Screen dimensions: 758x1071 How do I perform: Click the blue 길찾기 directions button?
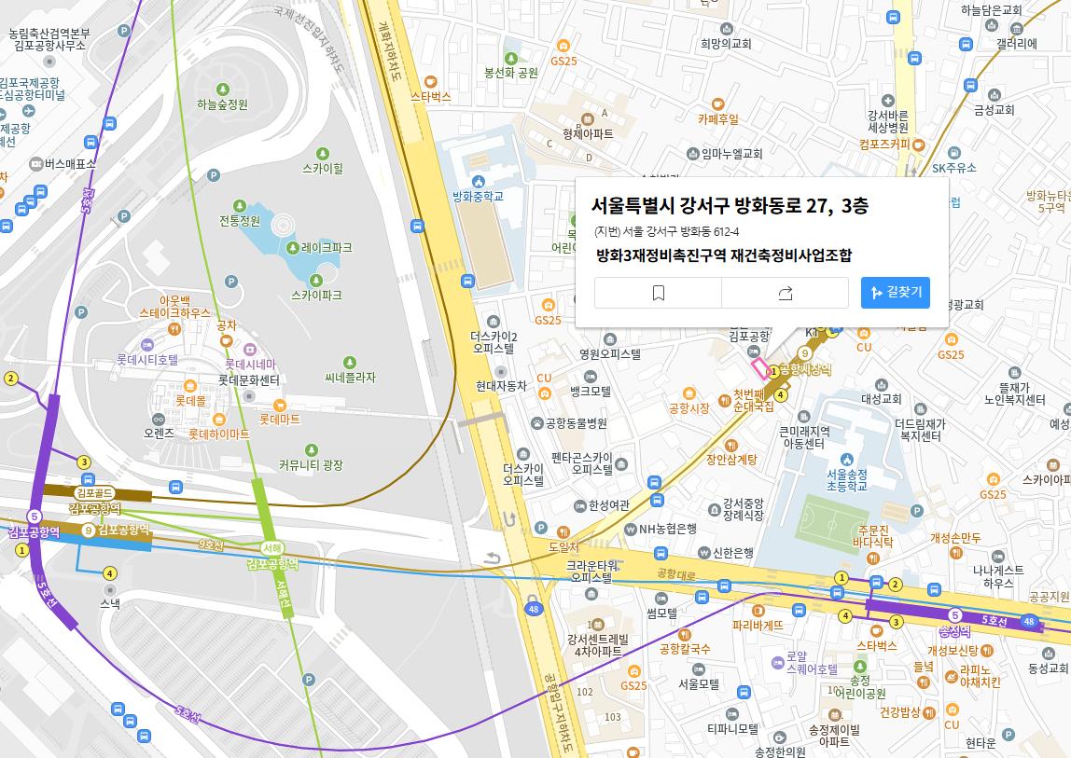point(895,293)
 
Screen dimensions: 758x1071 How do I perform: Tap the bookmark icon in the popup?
point(658,293)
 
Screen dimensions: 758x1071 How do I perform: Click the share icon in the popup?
point(785,293)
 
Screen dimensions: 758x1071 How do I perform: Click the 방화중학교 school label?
point(478,196)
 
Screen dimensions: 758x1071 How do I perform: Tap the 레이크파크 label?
point(326,248)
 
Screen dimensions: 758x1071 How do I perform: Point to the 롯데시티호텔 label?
point(146,359)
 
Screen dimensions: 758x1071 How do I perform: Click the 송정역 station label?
point(954,631)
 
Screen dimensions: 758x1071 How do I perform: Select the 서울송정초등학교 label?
point(846,479)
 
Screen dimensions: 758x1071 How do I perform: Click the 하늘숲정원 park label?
point(222,104)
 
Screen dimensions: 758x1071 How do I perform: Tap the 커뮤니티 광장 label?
point(311,464)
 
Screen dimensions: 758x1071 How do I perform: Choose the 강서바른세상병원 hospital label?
point(888,120)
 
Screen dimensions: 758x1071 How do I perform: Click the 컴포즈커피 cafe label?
point(884,145)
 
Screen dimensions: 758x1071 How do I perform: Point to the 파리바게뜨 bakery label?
point(758,625)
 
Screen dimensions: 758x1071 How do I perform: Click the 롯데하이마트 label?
point(219,434)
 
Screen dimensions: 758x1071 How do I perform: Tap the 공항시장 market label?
point(689,408)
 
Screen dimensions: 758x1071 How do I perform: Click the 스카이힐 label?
point(323,169)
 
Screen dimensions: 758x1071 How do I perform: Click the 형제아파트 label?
point(588,133)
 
